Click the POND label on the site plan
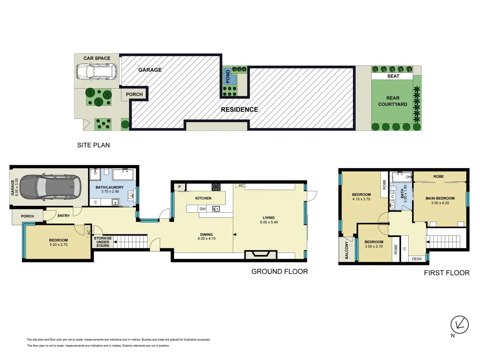tap(228, 76)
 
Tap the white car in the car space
tap(96, 72)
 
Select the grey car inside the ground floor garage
tap(50, 187)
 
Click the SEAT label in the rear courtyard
tap(393, 76)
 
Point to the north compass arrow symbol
tap(459, 325)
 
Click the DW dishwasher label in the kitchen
tap(202, 209)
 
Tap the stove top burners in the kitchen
tap(216, 187)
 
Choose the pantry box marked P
tap(180, 187)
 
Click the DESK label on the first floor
tap(417, 259)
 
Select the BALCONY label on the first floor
tap(346, 250)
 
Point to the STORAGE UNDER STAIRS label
tap(103, 242)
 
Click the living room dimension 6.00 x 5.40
tap(269, 222)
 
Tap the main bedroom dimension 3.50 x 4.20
tap(440, 203)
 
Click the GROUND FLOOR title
tap(279, 271)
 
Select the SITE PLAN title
tap(93, 145)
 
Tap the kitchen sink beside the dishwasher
tap(216, 209)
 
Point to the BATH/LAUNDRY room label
tap(109, 187)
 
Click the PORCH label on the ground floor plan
tap(27, 216)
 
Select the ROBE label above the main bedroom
tap(438, 176)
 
